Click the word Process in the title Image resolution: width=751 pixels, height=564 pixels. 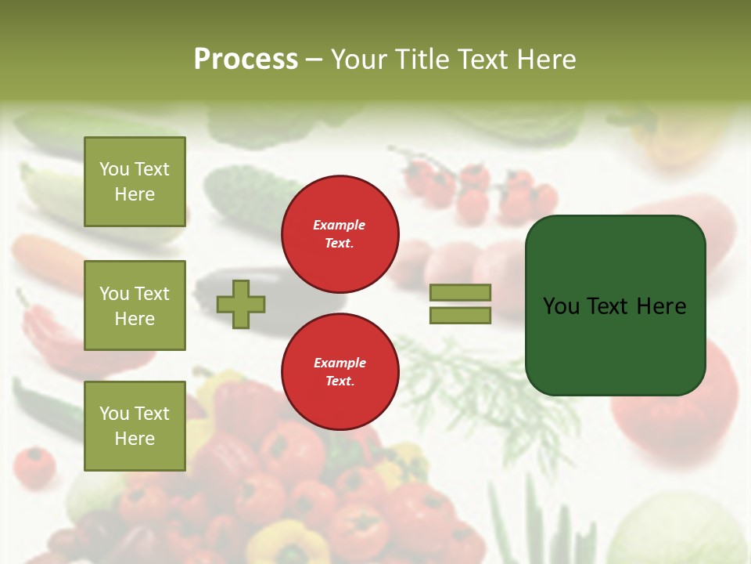pos(246,60)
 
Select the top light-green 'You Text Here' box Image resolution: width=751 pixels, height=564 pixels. pos(135,182)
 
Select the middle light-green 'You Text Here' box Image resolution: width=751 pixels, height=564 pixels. pos(135,305)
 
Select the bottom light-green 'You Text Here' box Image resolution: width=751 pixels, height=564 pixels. pos(135,426)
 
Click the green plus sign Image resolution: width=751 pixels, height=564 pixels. pos(241,304)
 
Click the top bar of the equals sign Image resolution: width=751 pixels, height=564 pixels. pos(460,292)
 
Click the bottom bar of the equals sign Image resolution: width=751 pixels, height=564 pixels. pos(460,316)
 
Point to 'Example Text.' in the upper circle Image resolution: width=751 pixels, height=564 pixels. pos(340,234)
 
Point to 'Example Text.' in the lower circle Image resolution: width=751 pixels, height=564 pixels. pos(340,372)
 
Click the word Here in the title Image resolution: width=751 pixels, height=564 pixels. pos(546,60)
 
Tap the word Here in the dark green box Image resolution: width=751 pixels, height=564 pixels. pos(661,306)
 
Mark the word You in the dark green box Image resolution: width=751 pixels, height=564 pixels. pos(562,306)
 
